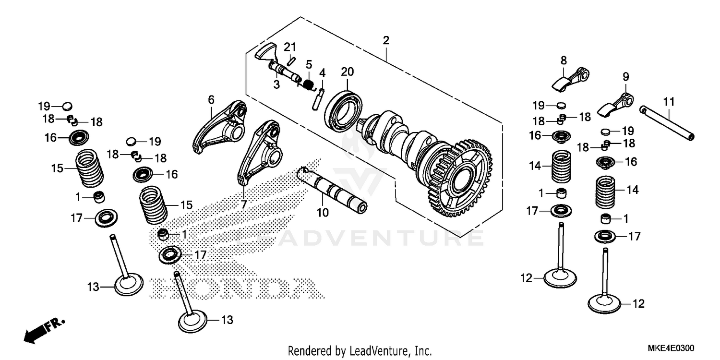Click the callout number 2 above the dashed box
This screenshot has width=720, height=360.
pos(385,41)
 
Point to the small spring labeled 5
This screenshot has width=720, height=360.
pos(307,85)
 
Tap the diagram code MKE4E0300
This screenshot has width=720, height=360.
pos(672,348)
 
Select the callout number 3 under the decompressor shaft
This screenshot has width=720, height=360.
pos(276,84)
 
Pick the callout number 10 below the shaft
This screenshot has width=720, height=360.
pos(323,212)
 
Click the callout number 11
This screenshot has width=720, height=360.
pos(669,102)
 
